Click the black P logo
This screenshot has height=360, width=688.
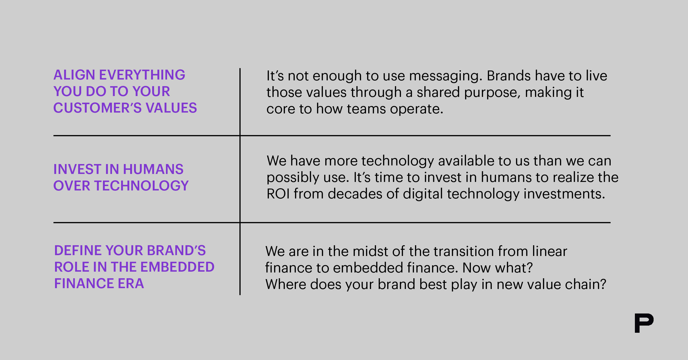click(644, 323)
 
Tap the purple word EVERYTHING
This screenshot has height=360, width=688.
click(142, 75)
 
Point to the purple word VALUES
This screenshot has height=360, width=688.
click(171, 108)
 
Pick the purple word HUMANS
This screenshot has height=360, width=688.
click(153, 169)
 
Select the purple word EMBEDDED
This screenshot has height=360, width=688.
click(178, 267)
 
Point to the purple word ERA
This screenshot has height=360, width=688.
click(131, 283)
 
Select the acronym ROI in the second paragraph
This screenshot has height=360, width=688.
click(278, 194)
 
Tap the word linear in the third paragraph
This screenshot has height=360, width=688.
click(550, 251)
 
